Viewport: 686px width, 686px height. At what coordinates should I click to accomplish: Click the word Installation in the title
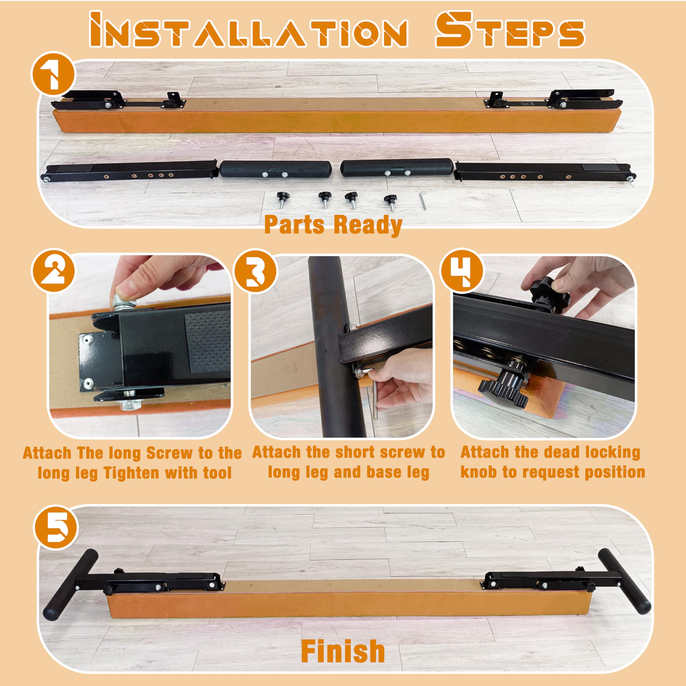click(249, 30)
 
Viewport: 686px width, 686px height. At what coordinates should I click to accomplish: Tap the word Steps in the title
click(510, 29)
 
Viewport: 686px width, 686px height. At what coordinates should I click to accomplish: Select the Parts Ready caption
click(333, 225)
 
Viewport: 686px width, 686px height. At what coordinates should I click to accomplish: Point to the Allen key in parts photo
click(423, 201)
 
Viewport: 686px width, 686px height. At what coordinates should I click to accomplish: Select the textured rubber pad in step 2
click(207, 343)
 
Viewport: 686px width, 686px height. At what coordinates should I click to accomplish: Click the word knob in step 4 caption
click(479, 472)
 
